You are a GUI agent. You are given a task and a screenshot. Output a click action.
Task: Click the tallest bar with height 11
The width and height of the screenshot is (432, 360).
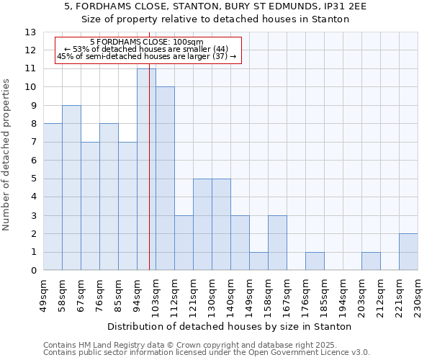pos(146,169)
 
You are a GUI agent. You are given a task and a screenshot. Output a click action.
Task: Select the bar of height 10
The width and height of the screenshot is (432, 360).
pos(165,179)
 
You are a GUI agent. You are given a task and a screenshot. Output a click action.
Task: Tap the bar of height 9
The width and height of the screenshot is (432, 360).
pos(71,187)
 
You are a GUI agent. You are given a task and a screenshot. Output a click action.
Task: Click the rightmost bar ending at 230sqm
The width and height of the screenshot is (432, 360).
pos(408,252)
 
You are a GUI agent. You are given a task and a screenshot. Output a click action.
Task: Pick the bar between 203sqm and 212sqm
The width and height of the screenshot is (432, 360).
pos(371,261)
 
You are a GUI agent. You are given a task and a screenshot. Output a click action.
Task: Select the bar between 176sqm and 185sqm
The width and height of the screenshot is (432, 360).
pos(315,261)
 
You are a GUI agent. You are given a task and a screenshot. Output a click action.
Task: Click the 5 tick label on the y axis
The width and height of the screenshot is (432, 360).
pos(33,179)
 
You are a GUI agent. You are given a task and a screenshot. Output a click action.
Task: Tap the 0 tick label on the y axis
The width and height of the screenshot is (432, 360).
pos(33,271)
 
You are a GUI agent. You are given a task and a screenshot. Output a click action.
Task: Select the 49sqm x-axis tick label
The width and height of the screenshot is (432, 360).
pos(44,294)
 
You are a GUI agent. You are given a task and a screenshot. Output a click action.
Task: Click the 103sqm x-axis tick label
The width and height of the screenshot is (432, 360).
pos(156,294)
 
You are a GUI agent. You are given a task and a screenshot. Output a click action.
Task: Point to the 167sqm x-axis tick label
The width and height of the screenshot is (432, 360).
pos(287,294)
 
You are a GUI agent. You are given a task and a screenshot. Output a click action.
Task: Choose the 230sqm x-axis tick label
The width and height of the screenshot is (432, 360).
pos(418,294)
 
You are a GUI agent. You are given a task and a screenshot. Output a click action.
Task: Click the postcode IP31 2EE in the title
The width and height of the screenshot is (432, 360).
pos(346,6)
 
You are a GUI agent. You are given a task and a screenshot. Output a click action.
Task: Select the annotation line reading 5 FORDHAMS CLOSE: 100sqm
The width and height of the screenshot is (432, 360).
pos(148,42)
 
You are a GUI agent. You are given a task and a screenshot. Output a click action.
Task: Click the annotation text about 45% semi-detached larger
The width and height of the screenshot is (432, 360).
pos(146,56)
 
